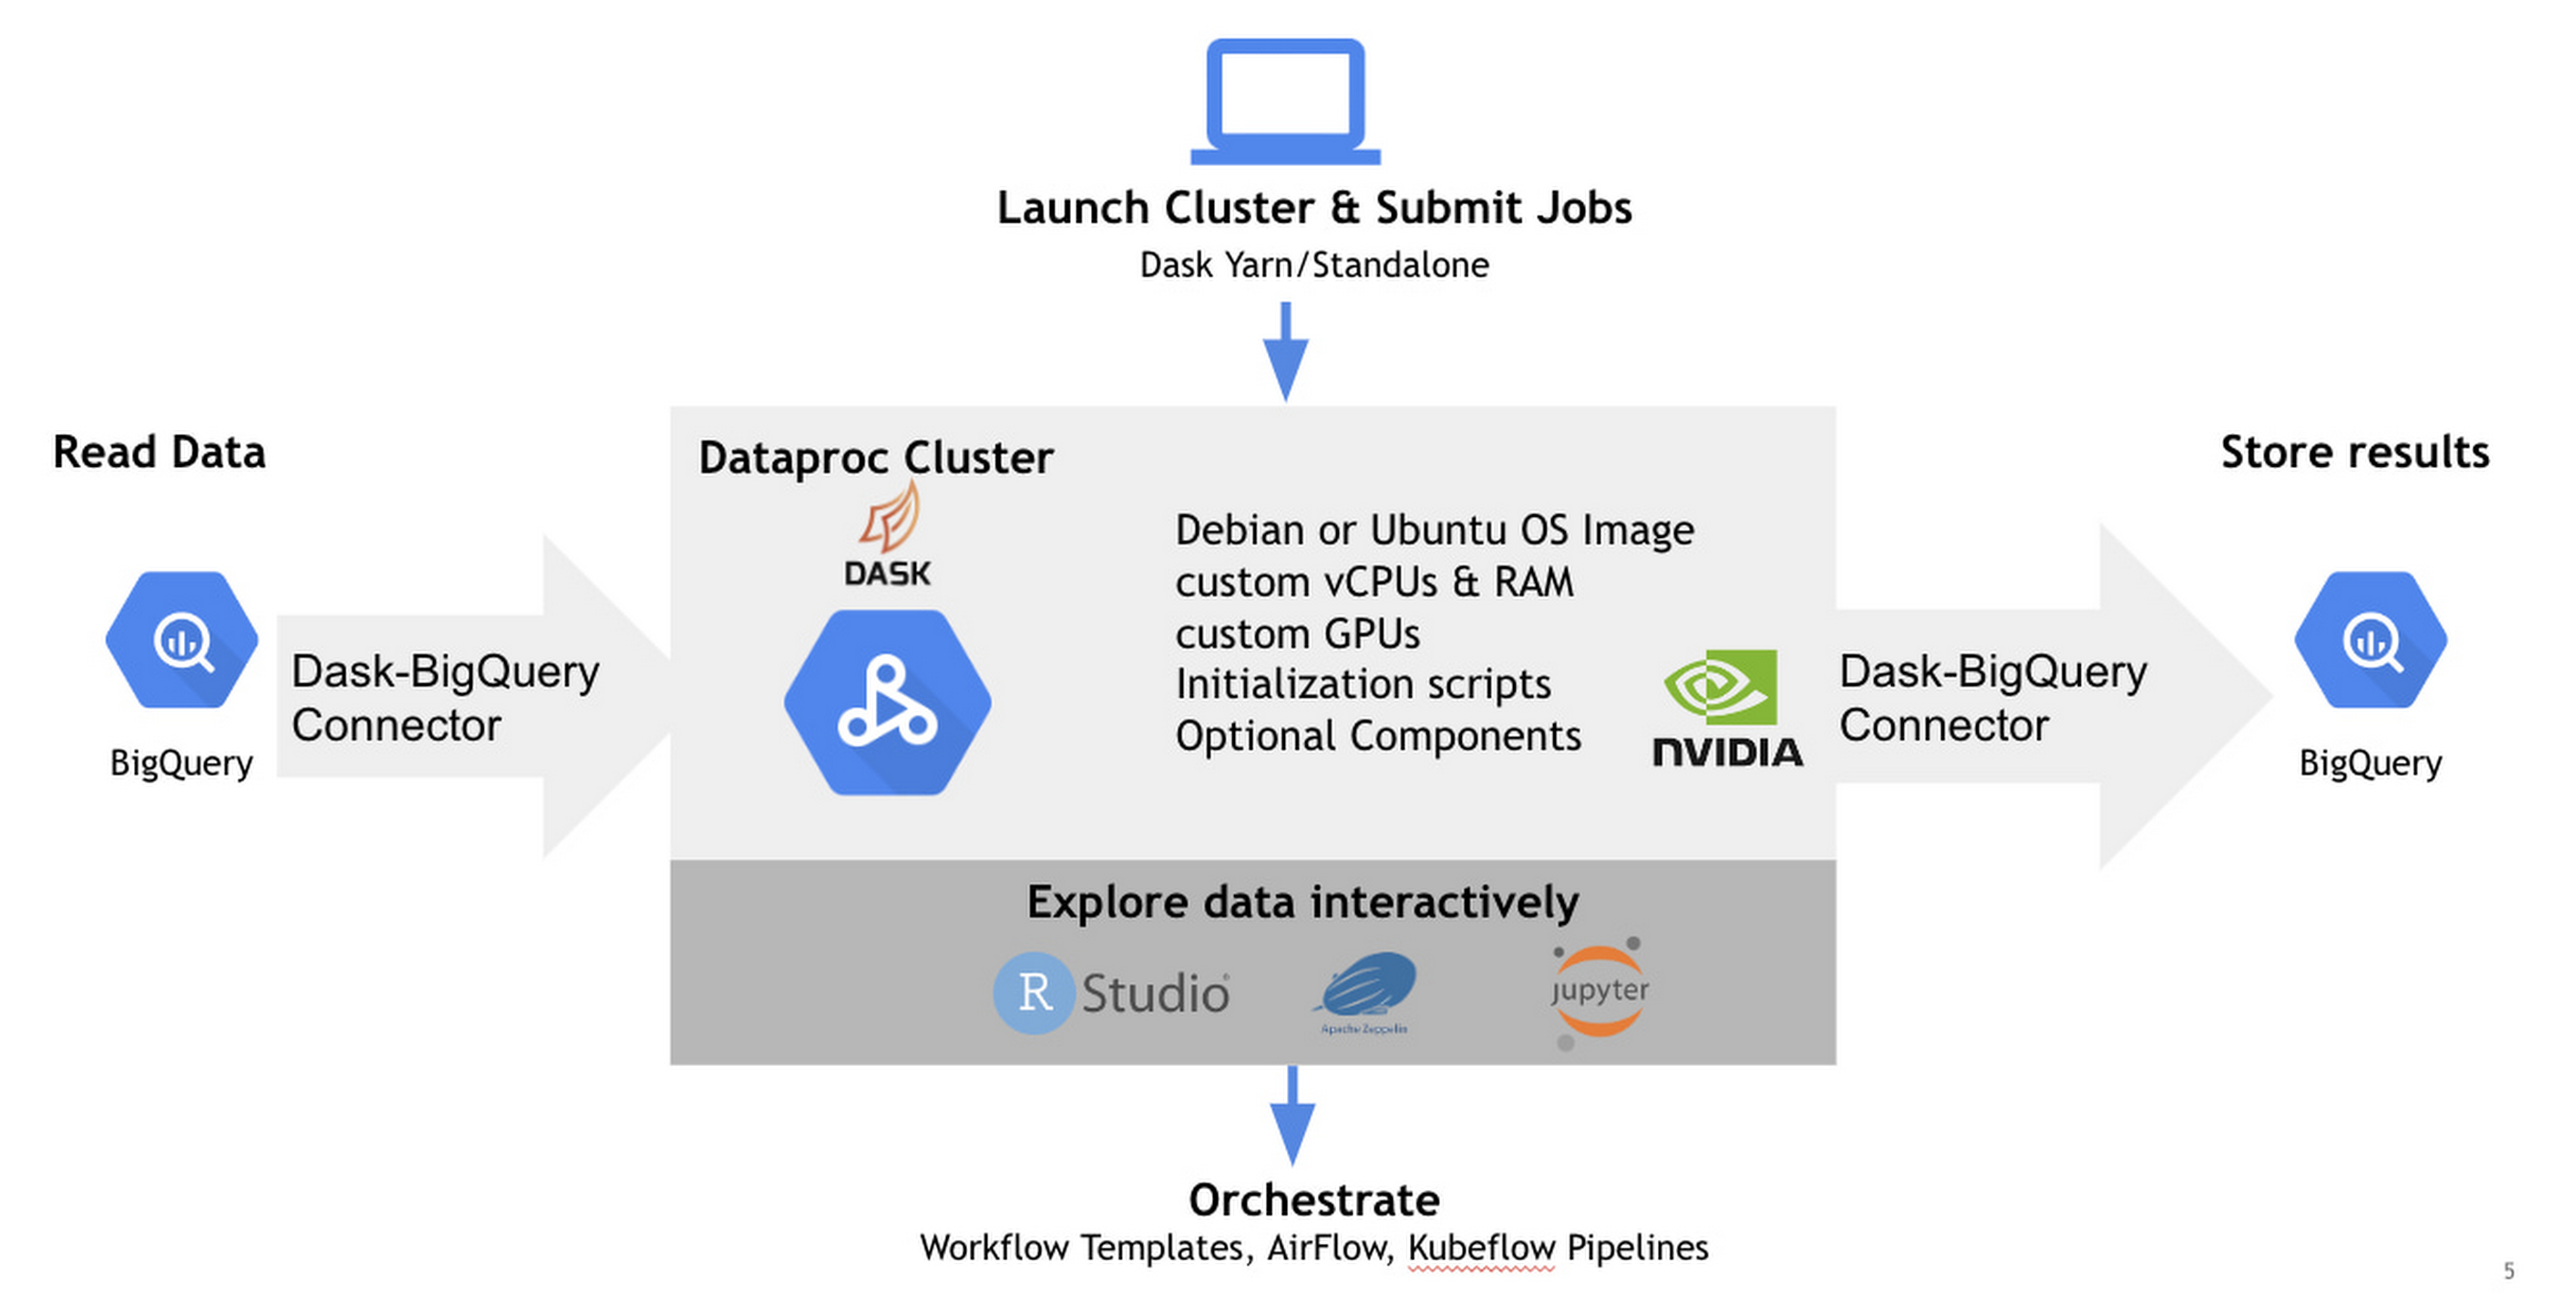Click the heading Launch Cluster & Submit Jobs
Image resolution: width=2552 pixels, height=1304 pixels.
[1313, 208]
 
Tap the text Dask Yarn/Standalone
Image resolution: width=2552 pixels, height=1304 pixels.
[1313, 264]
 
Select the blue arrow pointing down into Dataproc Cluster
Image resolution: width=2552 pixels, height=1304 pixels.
[1286, 352]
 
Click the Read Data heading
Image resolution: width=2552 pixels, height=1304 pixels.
[159, 452]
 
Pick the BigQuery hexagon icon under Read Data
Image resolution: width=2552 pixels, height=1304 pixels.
[182, 640]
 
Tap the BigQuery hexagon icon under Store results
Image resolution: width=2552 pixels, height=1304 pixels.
[2371, 640]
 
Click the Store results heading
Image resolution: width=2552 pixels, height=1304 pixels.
[2355, 452]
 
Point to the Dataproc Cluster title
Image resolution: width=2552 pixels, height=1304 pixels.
[876, 458]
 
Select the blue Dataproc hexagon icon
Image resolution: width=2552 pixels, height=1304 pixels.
[888, 702]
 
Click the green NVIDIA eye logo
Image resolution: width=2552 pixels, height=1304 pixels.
[1721, 687]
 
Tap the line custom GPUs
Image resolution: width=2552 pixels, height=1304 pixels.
[1298, 633]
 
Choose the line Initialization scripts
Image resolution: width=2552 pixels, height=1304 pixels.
[1363, 685]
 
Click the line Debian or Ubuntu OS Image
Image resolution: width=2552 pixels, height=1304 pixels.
[1435, 530]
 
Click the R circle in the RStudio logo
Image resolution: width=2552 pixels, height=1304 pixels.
[1034, 993]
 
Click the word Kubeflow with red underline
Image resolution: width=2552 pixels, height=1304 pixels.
[1481, 1247]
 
